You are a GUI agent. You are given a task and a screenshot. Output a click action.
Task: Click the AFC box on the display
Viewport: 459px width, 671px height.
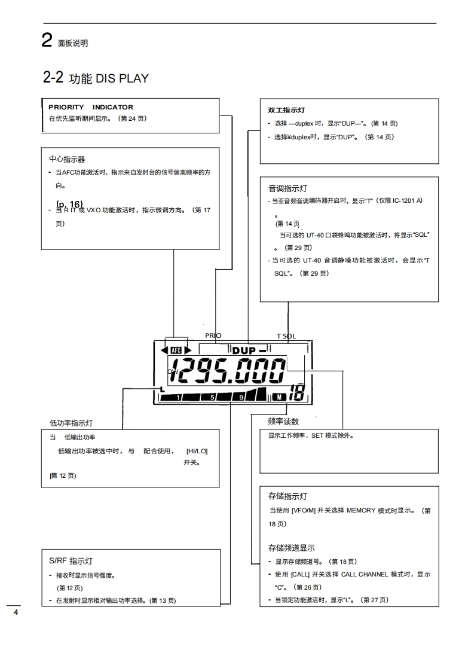tap(176, 350)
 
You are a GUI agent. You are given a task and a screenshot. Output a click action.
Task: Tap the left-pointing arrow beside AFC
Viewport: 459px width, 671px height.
tap(166, 350)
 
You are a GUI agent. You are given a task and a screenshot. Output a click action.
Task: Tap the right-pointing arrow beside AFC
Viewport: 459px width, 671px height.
tap(187, 350)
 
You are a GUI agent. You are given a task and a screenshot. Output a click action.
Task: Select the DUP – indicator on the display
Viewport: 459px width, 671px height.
tap(252, 350)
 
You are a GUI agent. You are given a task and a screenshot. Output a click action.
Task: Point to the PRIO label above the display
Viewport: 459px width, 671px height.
tap(213, 335)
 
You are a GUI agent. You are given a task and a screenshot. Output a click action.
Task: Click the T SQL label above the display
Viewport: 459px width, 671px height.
tap(286, 336)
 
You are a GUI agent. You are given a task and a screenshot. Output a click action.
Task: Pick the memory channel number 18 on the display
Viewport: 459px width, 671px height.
tap(297, 394)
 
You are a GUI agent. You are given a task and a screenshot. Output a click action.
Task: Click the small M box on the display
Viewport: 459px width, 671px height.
tap(281, 396)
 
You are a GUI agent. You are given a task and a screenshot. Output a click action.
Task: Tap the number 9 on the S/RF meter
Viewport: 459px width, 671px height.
tap(241, 396)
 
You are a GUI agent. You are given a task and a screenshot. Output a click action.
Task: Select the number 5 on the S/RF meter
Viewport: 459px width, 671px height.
tap(211, 396)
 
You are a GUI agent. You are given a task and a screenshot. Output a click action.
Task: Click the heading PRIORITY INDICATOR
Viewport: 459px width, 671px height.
tap(91, 108)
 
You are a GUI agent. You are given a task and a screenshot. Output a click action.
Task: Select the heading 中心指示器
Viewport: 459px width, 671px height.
tap(67, 159)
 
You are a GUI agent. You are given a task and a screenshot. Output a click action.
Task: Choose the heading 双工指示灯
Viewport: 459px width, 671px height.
tap(286, 111)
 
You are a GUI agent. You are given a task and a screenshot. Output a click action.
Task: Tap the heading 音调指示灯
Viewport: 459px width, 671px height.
tap(288, 188)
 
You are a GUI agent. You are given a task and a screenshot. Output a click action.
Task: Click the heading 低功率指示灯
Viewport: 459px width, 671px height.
tap(71, 423)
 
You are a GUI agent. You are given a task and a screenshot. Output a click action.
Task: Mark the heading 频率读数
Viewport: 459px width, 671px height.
tap(283, 422)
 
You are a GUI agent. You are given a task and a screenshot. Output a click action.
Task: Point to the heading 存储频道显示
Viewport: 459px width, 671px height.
tap(292, 548)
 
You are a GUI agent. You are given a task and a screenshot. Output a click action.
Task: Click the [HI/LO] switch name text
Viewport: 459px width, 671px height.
tap(197, 451)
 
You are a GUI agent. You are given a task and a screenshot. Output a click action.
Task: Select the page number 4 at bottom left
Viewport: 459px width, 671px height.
tap(16, 613)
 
